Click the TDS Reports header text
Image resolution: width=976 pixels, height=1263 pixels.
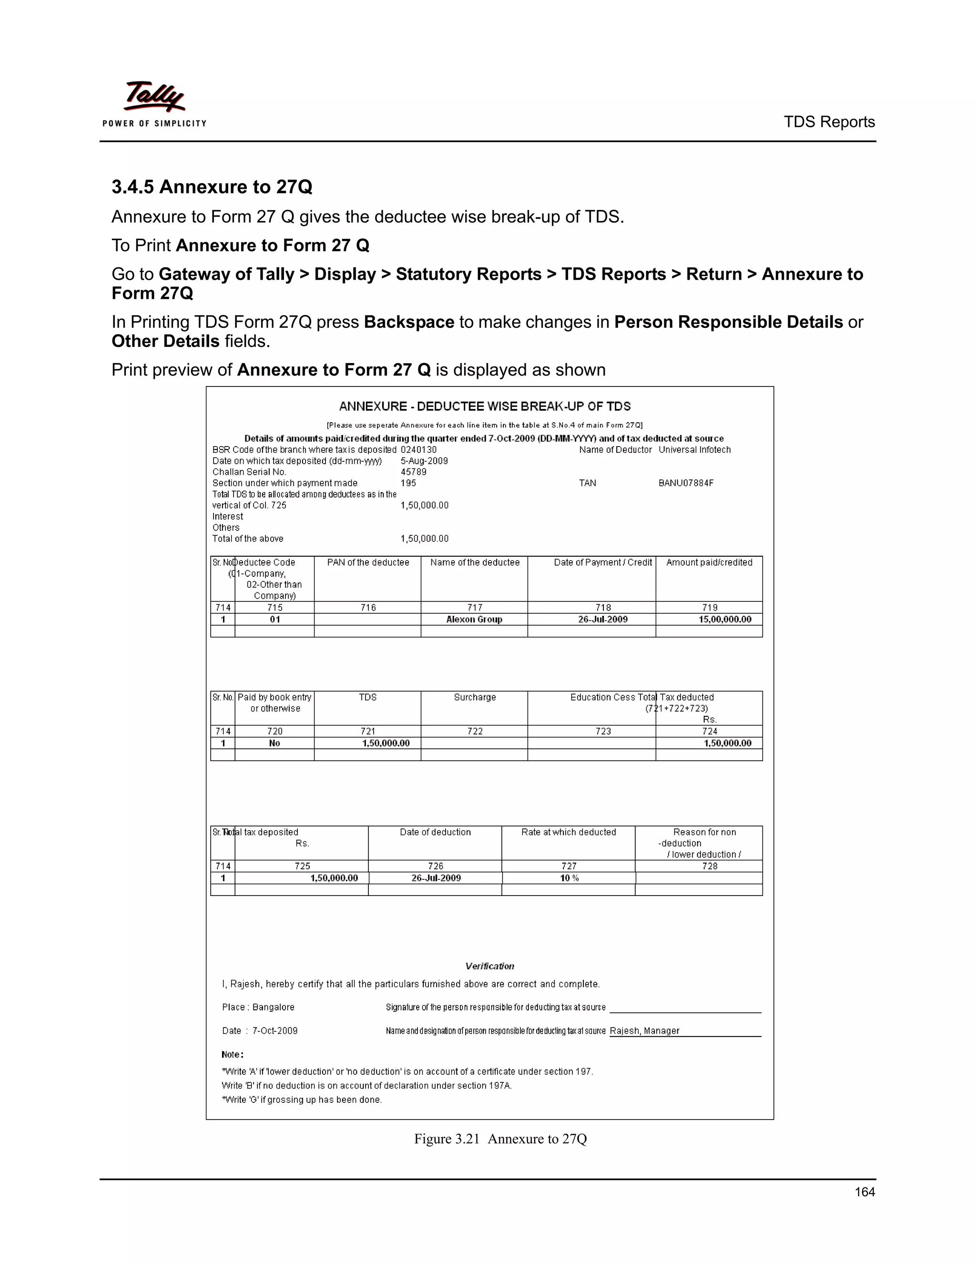829,122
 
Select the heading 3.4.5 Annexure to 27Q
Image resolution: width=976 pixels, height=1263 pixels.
212,187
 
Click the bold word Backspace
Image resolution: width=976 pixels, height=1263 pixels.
409,322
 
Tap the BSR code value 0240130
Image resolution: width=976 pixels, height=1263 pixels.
418,450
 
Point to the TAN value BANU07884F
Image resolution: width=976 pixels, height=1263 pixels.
686,483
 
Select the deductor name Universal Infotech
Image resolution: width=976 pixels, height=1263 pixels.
694,450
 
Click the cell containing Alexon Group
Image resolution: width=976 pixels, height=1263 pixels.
474,620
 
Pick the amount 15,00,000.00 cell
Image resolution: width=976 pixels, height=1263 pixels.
724,620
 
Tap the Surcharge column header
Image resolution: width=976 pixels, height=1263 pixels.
475,697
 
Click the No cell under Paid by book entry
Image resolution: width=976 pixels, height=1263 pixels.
274,743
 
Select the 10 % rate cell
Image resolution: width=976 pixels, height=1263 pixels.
569,878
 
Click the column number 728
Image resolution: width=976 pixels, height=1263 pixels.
710,866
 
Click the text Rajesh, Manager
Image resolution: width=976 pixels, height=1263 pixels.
644,1030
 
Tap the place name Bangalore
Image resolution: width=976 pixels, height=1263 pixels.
273,1007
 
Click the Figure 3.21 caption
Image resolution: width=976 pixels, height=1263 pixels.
500,1139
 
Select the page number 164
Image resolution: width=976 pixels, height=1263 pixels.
864,1192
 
